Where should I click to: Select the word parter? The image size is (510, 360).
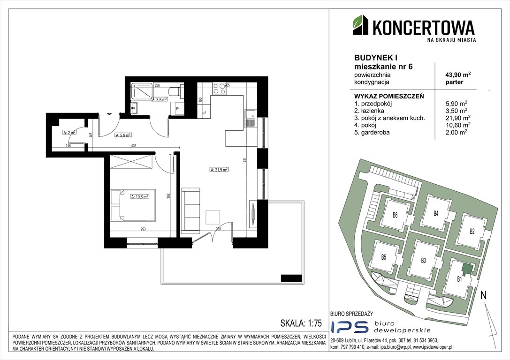[x=454, y=82]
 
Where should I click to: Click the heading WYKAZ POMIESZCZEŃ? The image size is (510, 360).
[x=389, y=96]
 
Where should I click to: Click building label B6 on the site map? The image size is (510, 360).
[x=395, y=215]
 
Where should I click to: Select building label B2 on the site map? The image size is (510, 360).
[x=472, y=231]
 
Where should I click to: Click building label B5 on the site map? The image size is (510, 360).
[x=383, y=257]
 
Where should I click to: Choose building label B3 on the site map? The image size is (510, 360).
[x=423, y=260]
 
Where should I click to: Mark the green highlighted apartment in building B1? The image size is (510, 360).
[x=467, y=270]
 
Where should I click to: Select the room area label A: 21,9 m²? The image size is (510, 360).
[x=219, y=170]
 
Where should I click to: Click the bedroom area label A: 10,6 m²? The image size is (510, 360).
[x=139, y=197]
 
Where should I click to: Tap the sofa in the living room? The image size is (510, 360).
[x=191, y=210]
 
